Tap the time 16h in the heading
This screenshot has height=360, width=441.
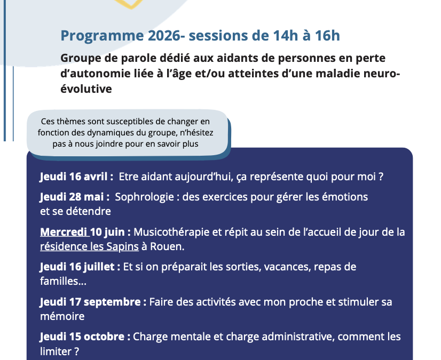point(327,36)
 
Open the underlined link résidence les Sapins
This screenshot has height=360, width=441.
point(90,246)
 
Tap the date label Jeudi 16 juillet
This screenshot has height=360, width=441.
point(77,267)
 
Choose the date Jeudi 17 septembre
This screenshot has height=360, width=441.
point(90,302)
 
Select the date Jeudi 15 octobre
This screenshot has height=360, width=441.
point(82,337)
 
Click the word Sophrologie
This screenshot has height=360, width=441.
point(144,197)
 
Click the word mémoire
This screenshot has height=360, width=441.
point(62,316)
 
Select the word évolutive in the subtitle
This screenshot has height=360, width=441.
point(86,89)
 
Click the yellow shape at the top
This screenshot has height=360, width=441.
point(131,4)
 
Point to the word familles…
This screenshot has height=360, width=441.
point(63,281)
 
